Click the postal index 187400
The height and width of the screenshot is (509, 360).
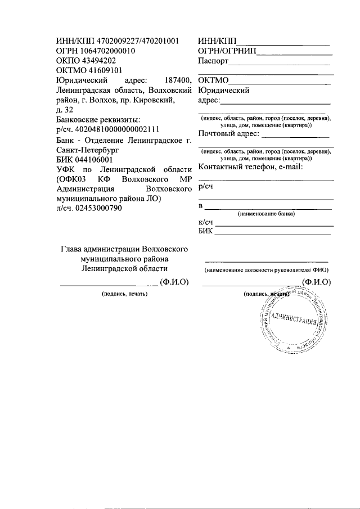coord(177,80)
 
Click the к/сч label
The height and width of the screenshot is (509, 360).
coord(206,223)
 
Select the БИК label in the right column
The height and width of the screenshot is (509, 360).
coord(206,233)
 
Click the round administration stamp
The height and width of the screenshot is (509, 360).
coord(295,322)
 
